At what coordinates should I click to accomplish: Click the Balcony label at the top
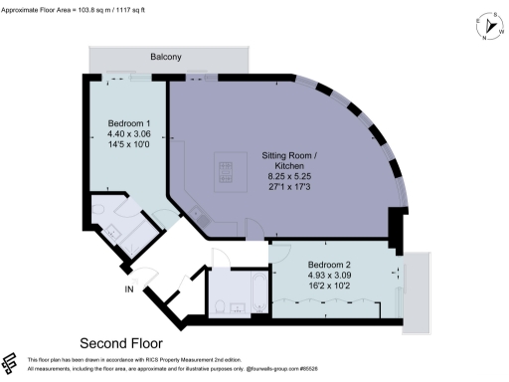[x=166, y=58]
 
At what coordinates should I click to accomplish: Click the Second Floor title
[x=121, y=339]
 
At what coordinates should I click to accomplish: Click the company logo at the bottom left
[x=12, y=362]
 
